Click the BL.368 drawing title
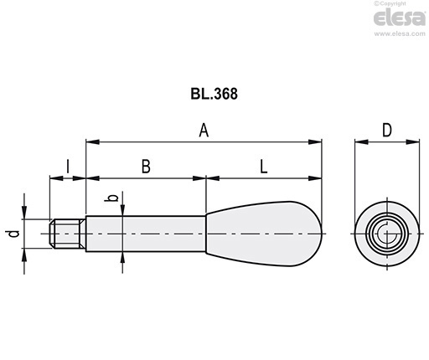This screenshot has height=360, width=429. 214,94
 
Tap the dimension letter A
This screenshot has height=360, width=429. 204,131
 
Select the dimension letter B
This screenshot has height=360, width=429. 146,167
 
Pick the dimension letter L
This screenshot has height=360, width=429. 264,167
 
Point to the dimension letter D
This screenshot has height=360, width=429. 387,130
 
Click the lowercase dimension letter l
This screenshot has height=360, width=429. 68,167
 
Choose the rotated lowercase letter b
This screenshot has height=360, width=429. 113,198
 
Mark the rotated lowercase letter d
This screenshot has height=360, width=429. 13,234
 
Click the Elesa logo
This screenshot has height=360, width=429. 400,18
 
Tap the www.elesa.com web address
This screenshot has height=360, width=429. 400,33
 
